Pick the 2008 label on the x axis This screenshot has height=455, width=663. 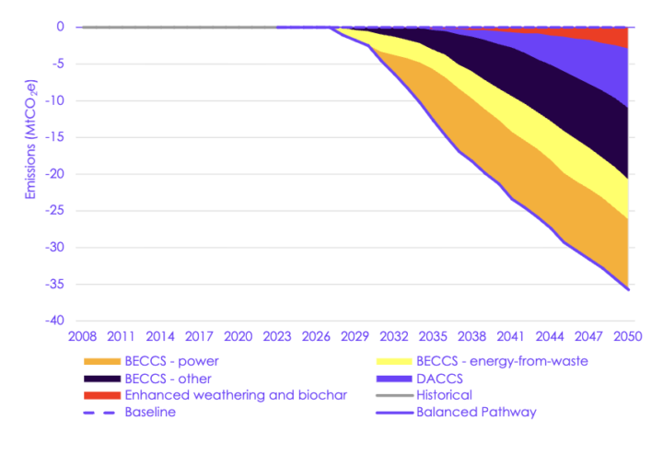click(83, 337)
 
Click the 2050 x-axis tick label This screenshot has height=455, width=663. click(627, 337)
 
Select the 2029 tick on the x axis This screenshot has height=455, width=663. click(355, 337)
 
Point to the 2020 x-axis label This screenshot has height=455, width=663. click(238, 337)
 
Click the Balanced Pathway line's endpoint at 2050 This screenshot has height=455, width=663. click(628, 289)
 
